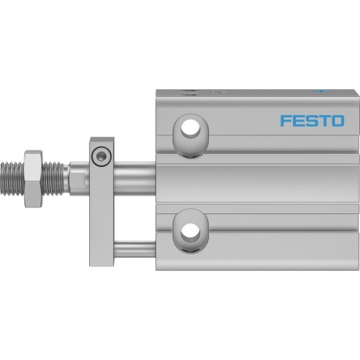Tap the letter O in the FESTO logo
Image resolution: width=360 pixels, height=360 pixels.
[x=336, y=120]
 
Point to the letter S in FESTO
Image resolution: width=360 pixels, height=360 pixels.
[x=310, y=120]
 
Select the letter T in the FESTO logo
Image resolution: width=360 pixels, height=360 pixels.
[x=323, y=120]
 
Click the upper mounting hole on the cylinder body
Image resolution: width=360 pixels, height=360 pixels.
[x=192, y=130]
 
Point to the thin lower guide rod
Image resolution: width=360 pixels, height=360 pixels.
[x=137, y=249]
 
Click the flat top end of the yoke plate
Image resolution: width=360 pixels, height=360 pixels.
[x=102, y=140]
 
